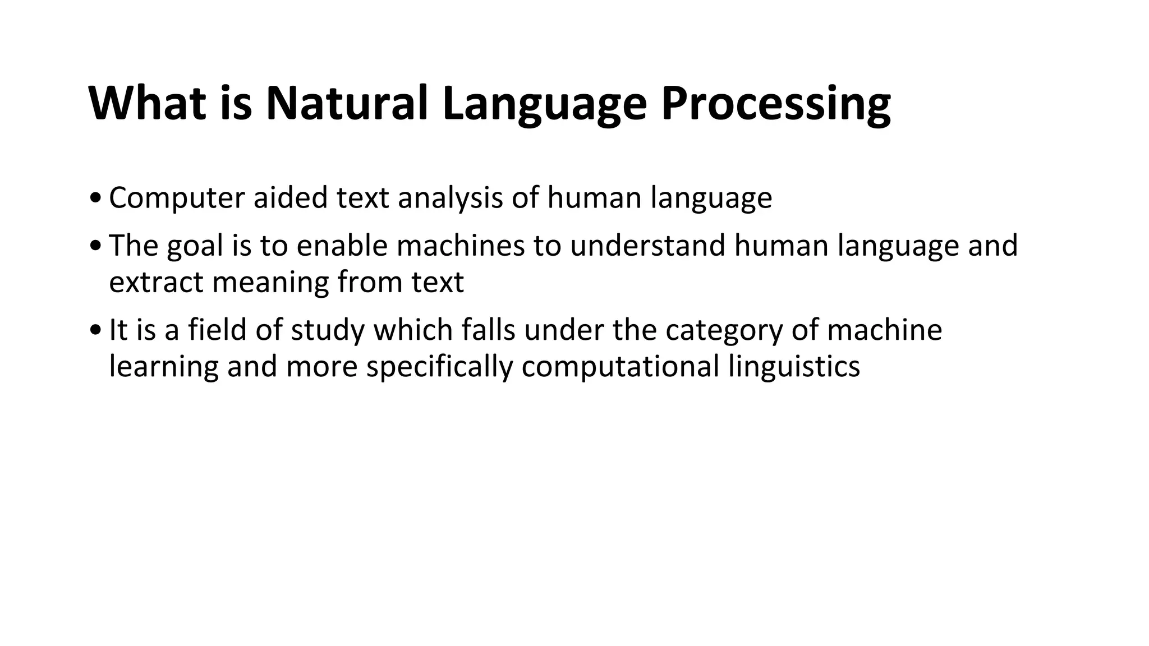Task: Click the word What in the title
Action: point(147,104)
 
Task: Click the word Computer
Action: point(177,199)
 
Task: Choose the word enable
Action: point(342,246)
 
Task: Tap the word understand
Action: point(647,246)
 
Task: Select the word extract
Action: point(155,283)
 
